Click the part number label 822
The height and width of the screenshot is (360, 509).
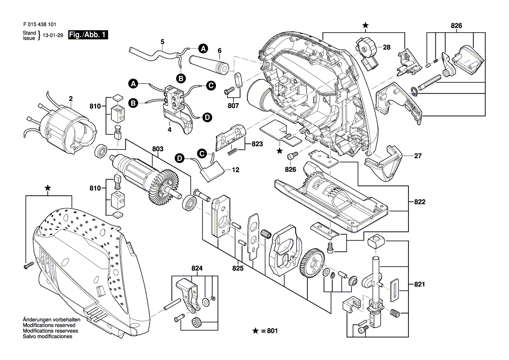tap(420, 202)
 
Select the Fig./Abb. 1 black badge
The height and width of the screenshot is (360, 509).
tap(88, 35)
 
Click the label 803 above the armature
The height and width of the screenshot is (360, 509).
tap(158, 149)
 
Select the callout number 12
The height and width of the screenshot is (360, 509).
tap(236, 170)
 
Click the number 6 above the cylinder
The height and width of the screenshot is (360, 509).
tap(219, 50)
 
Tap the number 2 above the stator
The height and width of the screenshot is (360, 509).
tap(70, 99)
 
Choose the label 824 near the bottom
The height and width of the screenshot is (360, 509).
tap(197, 269)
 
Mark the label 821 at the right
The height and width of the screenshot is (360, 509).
tap(419, 285)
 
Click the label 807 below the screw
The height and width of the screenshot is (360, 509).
tap(233, 105)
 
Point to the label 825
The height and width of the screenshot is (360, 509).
tap(238, 269)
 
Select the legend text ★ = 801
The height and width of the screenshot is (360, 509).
tap(265, 331)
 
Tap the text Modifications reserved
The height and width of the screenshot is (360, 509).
tap(49, 325)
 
